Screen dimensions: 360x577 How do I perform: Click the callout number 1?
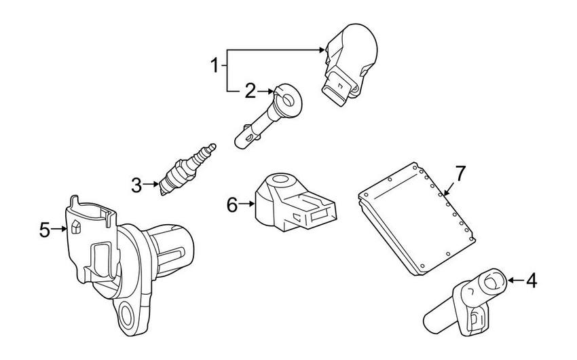point(215,66)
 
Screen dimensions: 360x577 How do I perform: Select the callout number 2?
point(250,90)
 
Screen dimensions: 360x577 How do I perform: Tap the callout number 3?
point(136,184)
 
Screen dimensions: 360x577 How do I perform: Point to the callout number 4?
point(531,279)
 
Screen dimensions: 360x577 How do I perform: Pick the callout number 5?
point(45,230)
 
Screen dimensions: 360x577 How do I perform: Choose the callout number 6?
point(232,204)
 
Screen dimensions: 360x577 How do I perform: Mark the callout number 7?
point(460,174)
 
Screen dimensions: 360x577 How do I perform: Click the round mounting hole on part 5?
point(128,314)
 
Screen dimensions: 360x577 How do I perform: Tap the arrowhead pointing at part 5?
point(67,230)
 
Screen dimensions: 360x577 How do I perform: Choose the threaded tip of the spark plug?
point(210,149)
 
